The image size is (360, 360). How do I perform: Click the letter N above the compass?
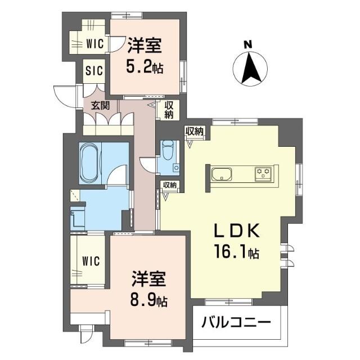pyautogui.click(x=247, y=44)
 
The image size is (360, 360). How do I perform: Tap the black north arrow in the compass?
pyautogui.click(x=250, y=68)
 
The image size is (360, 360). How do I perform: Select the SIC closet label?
pyautogui.click(x=94, y=70)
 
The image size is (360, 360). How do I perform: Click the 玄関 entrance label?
pyautogui.click(x=100, y=106)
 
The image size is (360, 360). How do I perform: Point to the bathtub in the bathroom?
pyautogui.click(x=90, y=163)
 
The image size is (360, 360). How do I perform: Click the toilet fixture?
pyautogui.click(x=168, y=150)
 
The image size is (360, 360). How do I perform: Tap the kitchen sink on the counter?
pyautogui.click(x=222, y=174)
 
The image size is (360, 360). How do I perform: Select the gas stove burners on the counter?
pyautogui.click(x=263, y=173)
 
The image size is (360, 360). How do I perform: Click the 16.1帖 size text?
pyautogui.click(x=237, y=253)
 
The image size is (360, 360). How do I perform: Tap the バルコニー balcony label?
pyautogui.click(x=236, y=322)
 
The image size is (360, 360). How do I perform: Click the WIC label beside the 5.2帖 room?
pyautogui.click(x=95, y=43)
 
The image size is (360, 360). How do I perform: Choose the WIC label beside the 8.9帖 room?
pyautogui.click(x=91, y=261)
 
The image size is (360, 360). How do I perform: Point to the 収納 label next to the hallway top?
pyautogui.click(x=169, y=110)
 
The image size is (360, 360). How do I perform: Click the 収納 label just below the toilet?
pyautogui.click(x=170, y=184)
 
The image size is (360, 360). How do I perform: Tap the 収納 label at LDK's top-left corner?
pyautogui.click(x=195, y=132)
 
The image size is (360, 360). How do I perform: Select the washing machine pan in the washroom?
pyautogui.click(x=78, y=217)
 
